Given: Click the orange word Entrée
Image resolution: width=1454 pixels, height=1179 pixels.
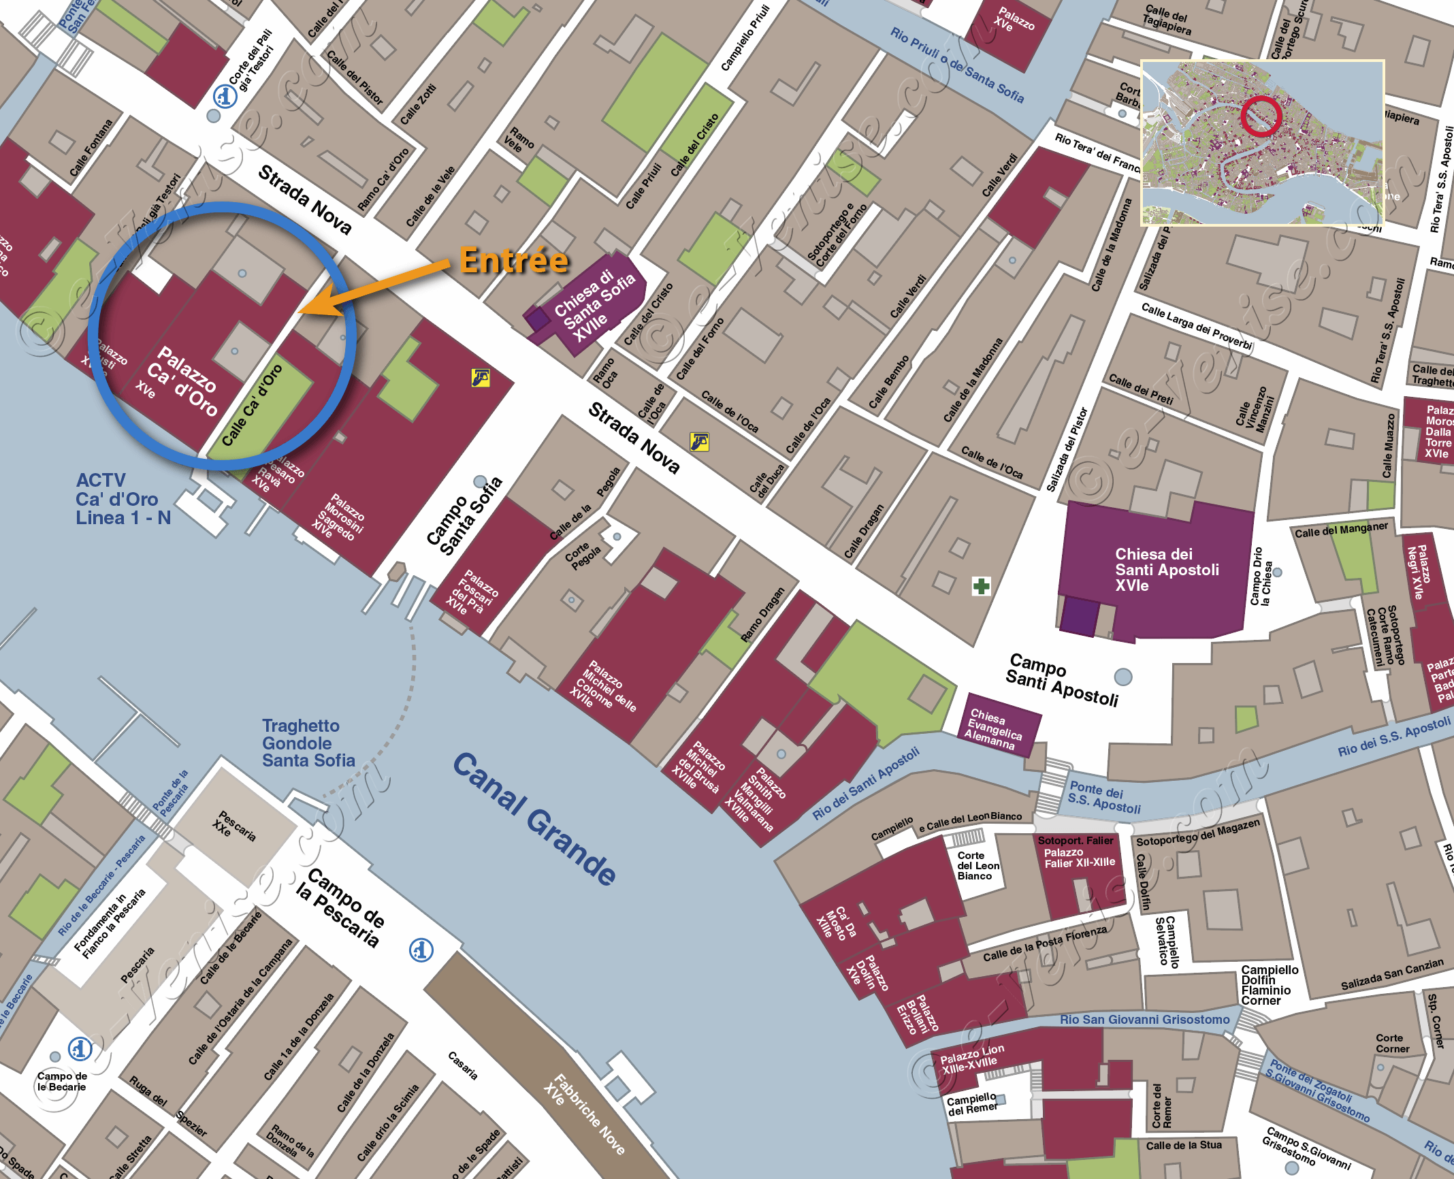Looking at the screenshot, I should point(514,260).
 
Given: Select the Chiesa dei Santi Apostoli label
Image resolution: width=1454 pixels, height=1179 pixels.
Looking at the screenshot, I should point(1166,570).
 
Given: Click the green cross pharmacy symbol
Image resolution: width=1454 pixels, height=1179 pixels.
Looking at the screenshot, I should point(981,586).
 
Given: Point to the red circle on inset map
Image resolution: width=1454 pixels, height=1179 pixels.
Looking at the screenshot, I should point(1261,116).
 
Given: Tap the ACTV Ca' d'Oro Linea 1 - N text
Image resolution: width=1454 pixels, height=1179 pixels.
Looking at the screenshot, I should point(123,499).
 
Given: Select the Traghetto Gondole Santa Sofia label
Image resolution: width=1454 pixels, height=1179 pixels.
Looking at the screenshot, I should point(308,743).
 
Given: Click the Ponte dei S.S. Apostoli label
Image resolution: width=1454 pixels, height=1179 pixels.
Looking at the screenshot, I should point(1103,798).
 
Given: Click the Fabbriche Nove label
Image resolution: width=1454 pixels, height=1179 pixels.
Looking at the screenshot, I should point(585,1114).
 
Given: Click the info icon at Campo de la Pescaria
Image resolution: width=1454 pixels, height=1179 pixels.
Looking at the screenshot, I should point(421,950).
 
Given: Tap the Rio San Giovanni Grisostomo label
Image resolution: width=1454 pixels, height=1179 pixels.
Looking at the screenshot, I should point(1144,1020).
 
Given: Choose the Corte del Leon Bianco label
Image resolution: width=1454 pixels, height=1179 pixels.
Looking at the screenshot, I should point(978,866).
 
